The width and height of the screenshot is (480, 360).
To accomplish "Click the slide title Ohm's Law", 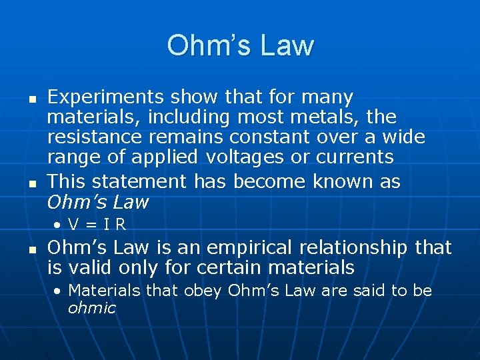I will point(240,45).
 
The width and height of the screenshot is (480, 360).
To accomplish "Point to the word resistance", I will point(94,137).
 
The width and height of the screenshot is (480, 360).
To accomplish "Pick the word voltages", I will point(243,157).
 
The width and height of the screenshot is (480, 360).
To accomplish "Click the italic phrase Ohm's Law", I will point(97,201).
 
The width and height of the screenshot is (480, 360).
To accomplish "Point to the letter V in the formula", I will point(74,225).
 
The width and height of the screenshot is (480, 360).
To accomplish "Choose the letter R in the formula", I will point(121,225).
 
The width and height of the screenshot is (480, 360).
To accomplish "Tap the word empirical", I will point(239,248).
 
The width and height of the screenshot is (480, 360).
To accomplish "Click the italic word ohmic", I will point(91,308).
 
